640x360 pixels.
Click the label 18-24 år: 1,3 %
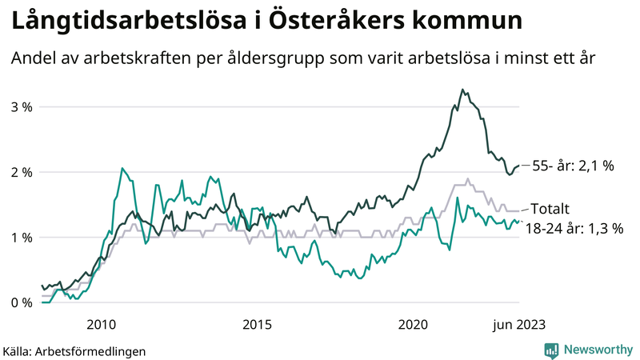(574, 228)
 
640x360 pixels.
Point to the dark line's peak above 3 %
(462, 90)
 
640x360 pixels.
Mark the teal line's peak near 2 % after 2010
(122, 168)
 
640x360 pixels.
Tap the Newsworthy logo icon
(551, 350)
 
